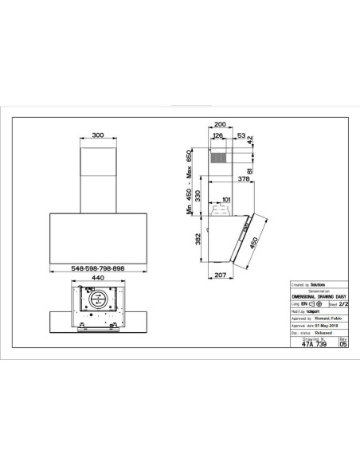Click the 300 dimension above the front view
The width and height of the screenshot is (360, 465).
point(97,136)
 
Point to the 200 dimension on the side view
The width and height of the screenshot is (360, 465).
point(221,124)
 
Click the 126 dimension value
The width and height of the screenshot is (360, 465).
point(217,136)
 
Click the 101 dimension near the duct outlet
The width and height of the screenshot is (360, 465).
point(226,200)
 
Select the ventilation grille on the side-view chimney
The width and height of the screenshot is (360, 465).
point(220,158)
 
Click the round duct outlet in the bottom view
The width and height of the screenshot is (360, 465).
point(97,301)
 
